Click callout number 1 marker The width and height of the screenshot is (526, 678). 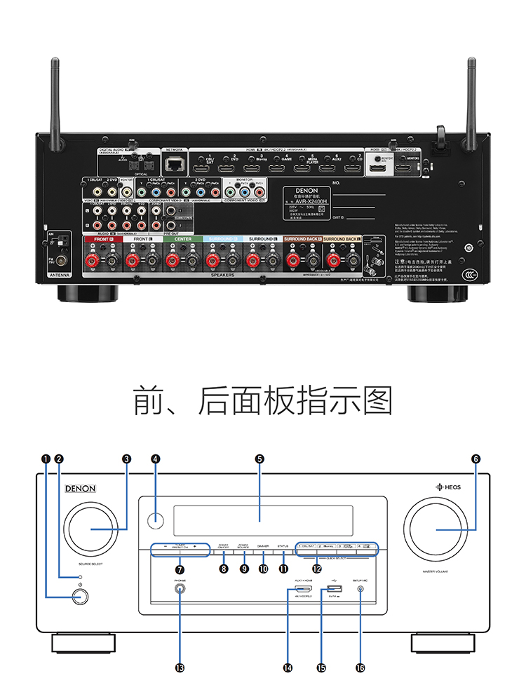tap(46, 459)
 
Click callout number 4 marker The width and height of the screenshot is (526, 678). tap(156, 459)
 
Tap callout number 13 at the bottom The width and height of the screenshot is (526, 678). tap(180, 667)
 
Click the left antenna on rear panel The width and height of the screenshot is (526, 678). tap(55, 98)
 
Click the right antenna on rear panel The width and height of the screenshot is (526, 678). tap(471, 98)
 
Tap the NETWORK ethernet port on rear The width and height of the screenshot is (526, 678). tap(173, 165)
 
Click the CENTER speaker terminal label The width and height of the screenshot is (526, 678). tap(182, 239)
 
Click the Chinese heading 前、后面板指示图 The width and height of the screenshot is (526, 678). tap(262, 400)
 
